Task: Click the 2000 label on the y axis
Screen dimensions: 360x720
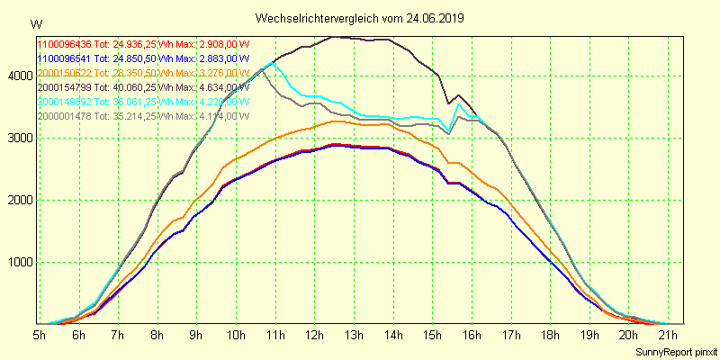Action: point(17,200)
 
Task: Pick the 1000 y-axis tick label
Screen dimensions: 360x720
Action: point(17,262)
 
